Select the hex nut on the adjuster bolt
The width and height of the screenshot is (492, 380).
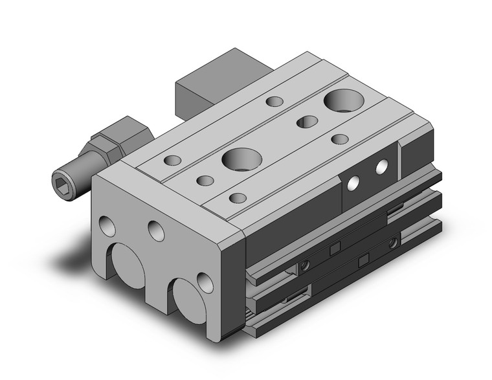point(107,137)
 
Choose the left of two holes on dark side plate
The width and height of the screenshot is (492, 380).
point(354,184)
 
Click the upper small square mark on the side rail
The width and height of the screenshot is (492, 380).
point(335,248)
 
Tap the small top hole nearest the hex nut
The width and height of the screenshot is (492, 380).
point(173,159)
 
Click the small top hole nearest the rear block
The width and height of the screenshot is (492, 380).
point(274,101)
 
